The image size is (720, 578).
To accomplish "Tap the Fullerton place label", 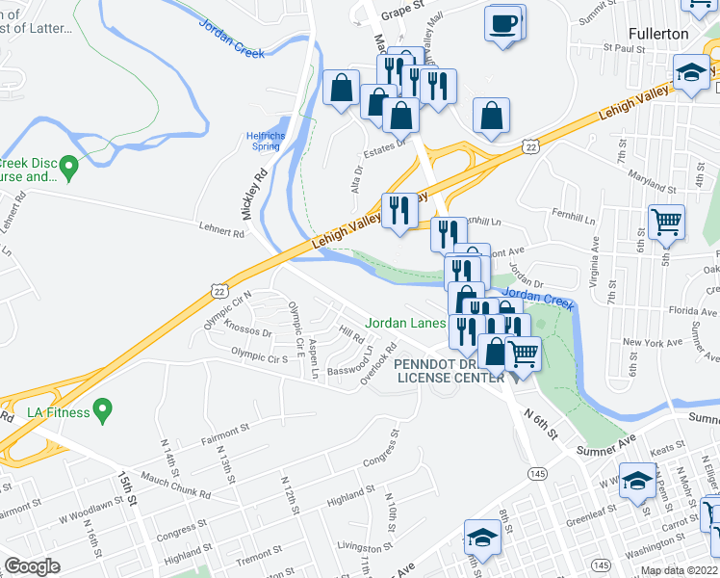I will point(658,34).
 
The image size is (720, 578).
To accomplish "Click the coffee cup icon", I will point(503,22).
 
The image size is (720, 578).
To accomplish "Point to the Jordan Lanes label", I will point(404,324).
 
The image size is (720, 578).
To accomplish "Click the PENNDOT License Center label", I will point(448,371).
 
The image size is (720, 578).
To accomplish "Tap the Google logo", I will point(33,565).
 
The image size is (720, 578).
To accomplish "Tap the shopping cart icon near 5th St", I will point(665,223).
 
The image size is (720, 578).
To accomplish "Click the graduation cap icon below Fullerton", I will point(690,73).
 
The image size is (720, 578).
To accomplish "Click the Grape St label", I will point(402,6).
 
